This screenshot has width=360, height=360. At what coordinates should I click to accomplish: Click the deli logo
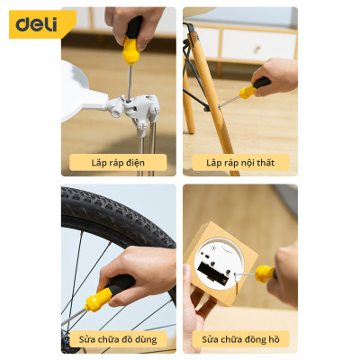(36, 24)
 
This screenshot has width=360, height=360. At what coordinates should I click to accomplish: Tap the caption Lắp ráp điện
(118, 163)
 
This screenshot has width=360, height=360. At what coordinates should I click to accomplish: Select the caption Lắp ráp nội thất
(240, 163)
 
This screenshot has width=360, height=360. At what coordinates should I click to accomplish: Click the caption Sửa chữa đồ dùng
(118, 339)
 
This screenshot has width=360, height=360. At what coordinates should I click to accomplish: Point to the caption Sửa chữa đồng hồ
(240, 339)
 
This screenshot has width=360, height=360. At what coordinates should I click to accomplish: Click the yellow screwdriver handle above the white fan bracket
(130, 49)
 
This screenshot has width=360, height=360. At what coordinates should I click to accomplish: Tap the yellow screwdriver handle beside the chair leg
(247, 92)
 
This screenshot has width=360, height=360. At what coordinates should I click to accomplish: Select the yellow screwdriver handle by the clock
(265, 274)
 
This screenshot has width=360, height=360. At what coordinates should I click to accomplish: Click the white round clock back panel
(219, 265)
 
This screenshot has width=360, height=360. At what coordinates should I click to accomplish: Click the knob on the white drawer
(256, 49)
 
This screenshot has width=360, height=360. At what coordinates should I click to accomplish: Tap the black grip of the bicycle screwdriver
(121, 284)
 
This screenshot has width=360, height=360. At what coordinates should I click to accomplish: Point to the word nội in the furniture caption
(247, 163)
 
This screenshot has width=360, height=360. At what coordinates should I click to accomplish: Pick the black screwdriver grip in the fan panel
(134, 27)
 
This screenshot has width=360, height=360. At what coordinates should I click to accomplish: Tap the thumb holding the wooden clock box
(188, 274)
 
